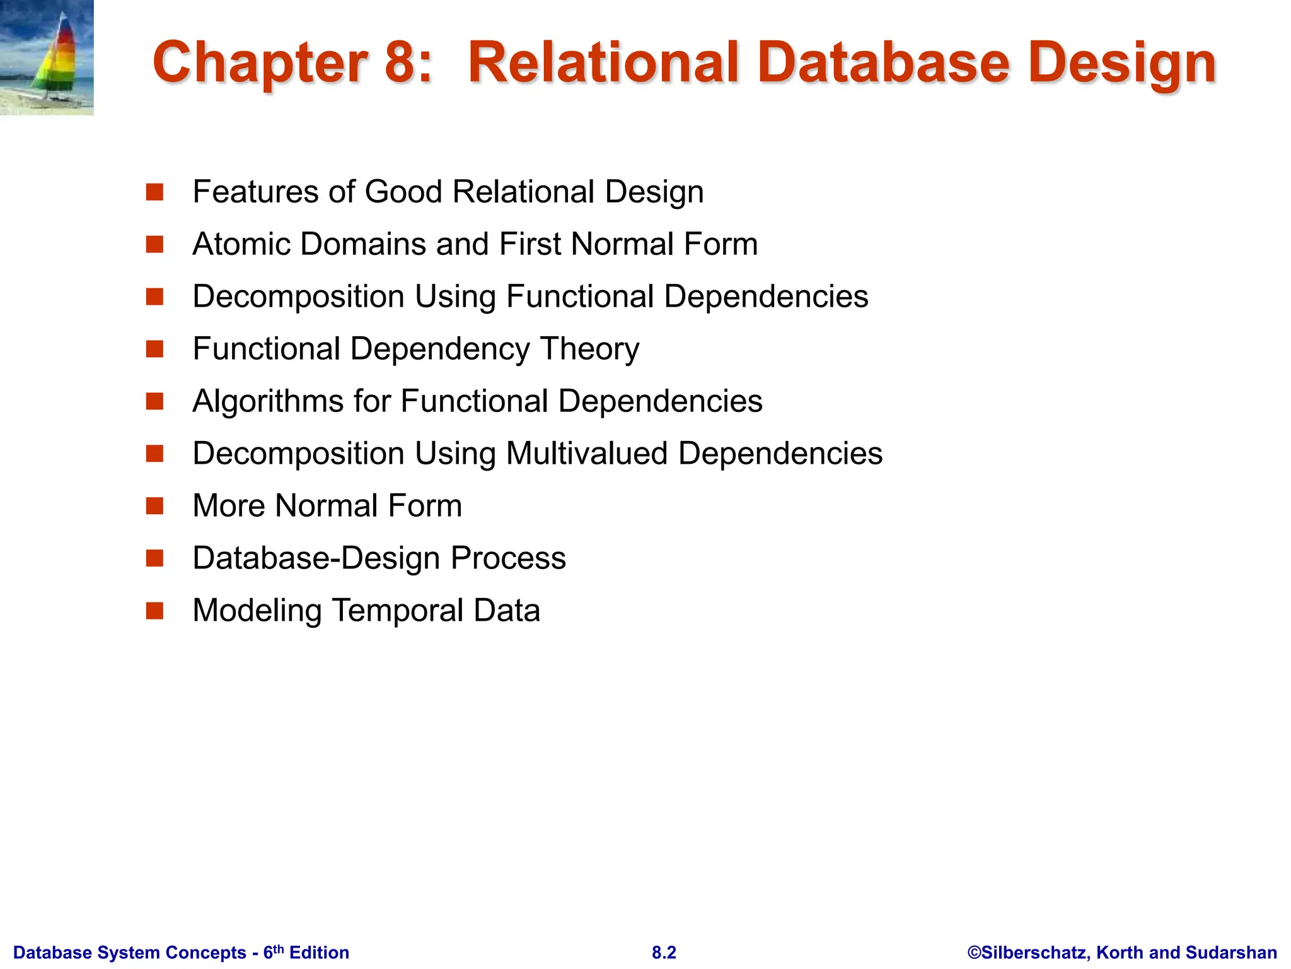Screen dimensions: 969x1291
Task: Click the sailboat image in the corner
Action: tap(47, 57)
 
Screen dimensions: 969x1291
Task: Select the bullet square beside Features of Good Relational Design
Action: tap(154, 192)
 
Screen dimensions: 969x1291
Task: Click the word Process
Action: tap(508, 558)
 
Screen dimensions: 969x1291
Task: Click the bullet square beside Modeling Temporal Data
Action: tap(154, 611)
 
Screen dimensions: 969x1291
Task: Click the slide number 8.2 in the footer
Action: tap(664, 953)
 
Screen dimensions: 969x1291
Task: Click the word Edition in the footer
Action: tap(319, 953)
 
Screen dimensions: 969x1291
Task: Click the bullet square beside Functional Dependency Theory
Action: tap(154, 349)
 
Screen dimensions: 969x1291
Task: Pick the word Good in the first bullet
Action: tap(403, 192)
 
